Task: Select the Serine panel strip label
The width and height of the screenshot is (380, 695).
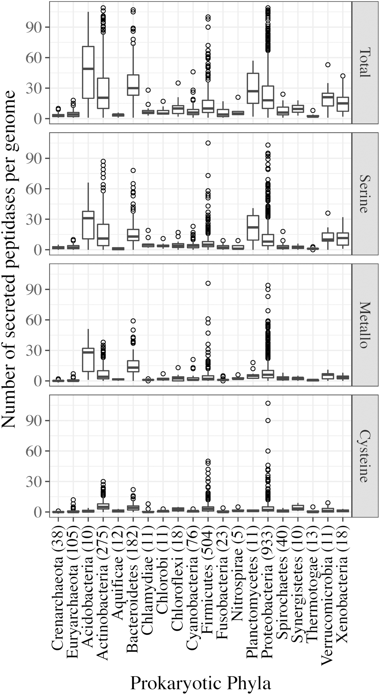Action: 365,194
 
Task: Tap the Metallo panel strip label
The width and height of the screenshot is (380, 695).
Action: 365,325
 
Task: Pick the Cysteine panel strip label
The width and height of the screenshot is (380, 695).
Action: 365,456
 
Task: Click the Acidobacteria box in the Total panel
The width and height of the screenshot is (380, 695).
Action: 88,72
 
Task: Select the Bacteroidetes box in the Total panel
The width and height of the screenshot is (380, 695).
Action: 133,85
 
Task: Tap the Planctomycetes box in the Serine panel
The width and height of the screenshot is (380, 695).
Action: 253,228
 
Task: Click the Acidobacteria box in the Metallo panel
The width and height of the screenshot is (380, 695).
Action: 88,359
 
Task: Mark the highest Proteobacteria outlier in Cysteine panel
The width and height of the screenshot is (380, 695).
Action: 268,403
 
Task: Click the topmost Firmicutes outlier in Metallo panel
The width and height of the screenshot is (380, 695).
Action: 208,283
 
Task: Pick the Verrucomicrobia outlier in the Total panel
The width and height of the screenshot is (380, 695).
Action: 328,65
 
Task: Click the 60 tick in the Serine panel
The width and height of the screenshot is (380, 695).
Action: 33,189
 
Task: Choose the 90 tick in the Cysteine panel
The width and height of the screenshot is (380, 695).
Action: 33,421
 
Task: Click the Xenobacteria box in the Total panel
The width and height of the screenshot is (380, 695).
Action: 343,104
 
